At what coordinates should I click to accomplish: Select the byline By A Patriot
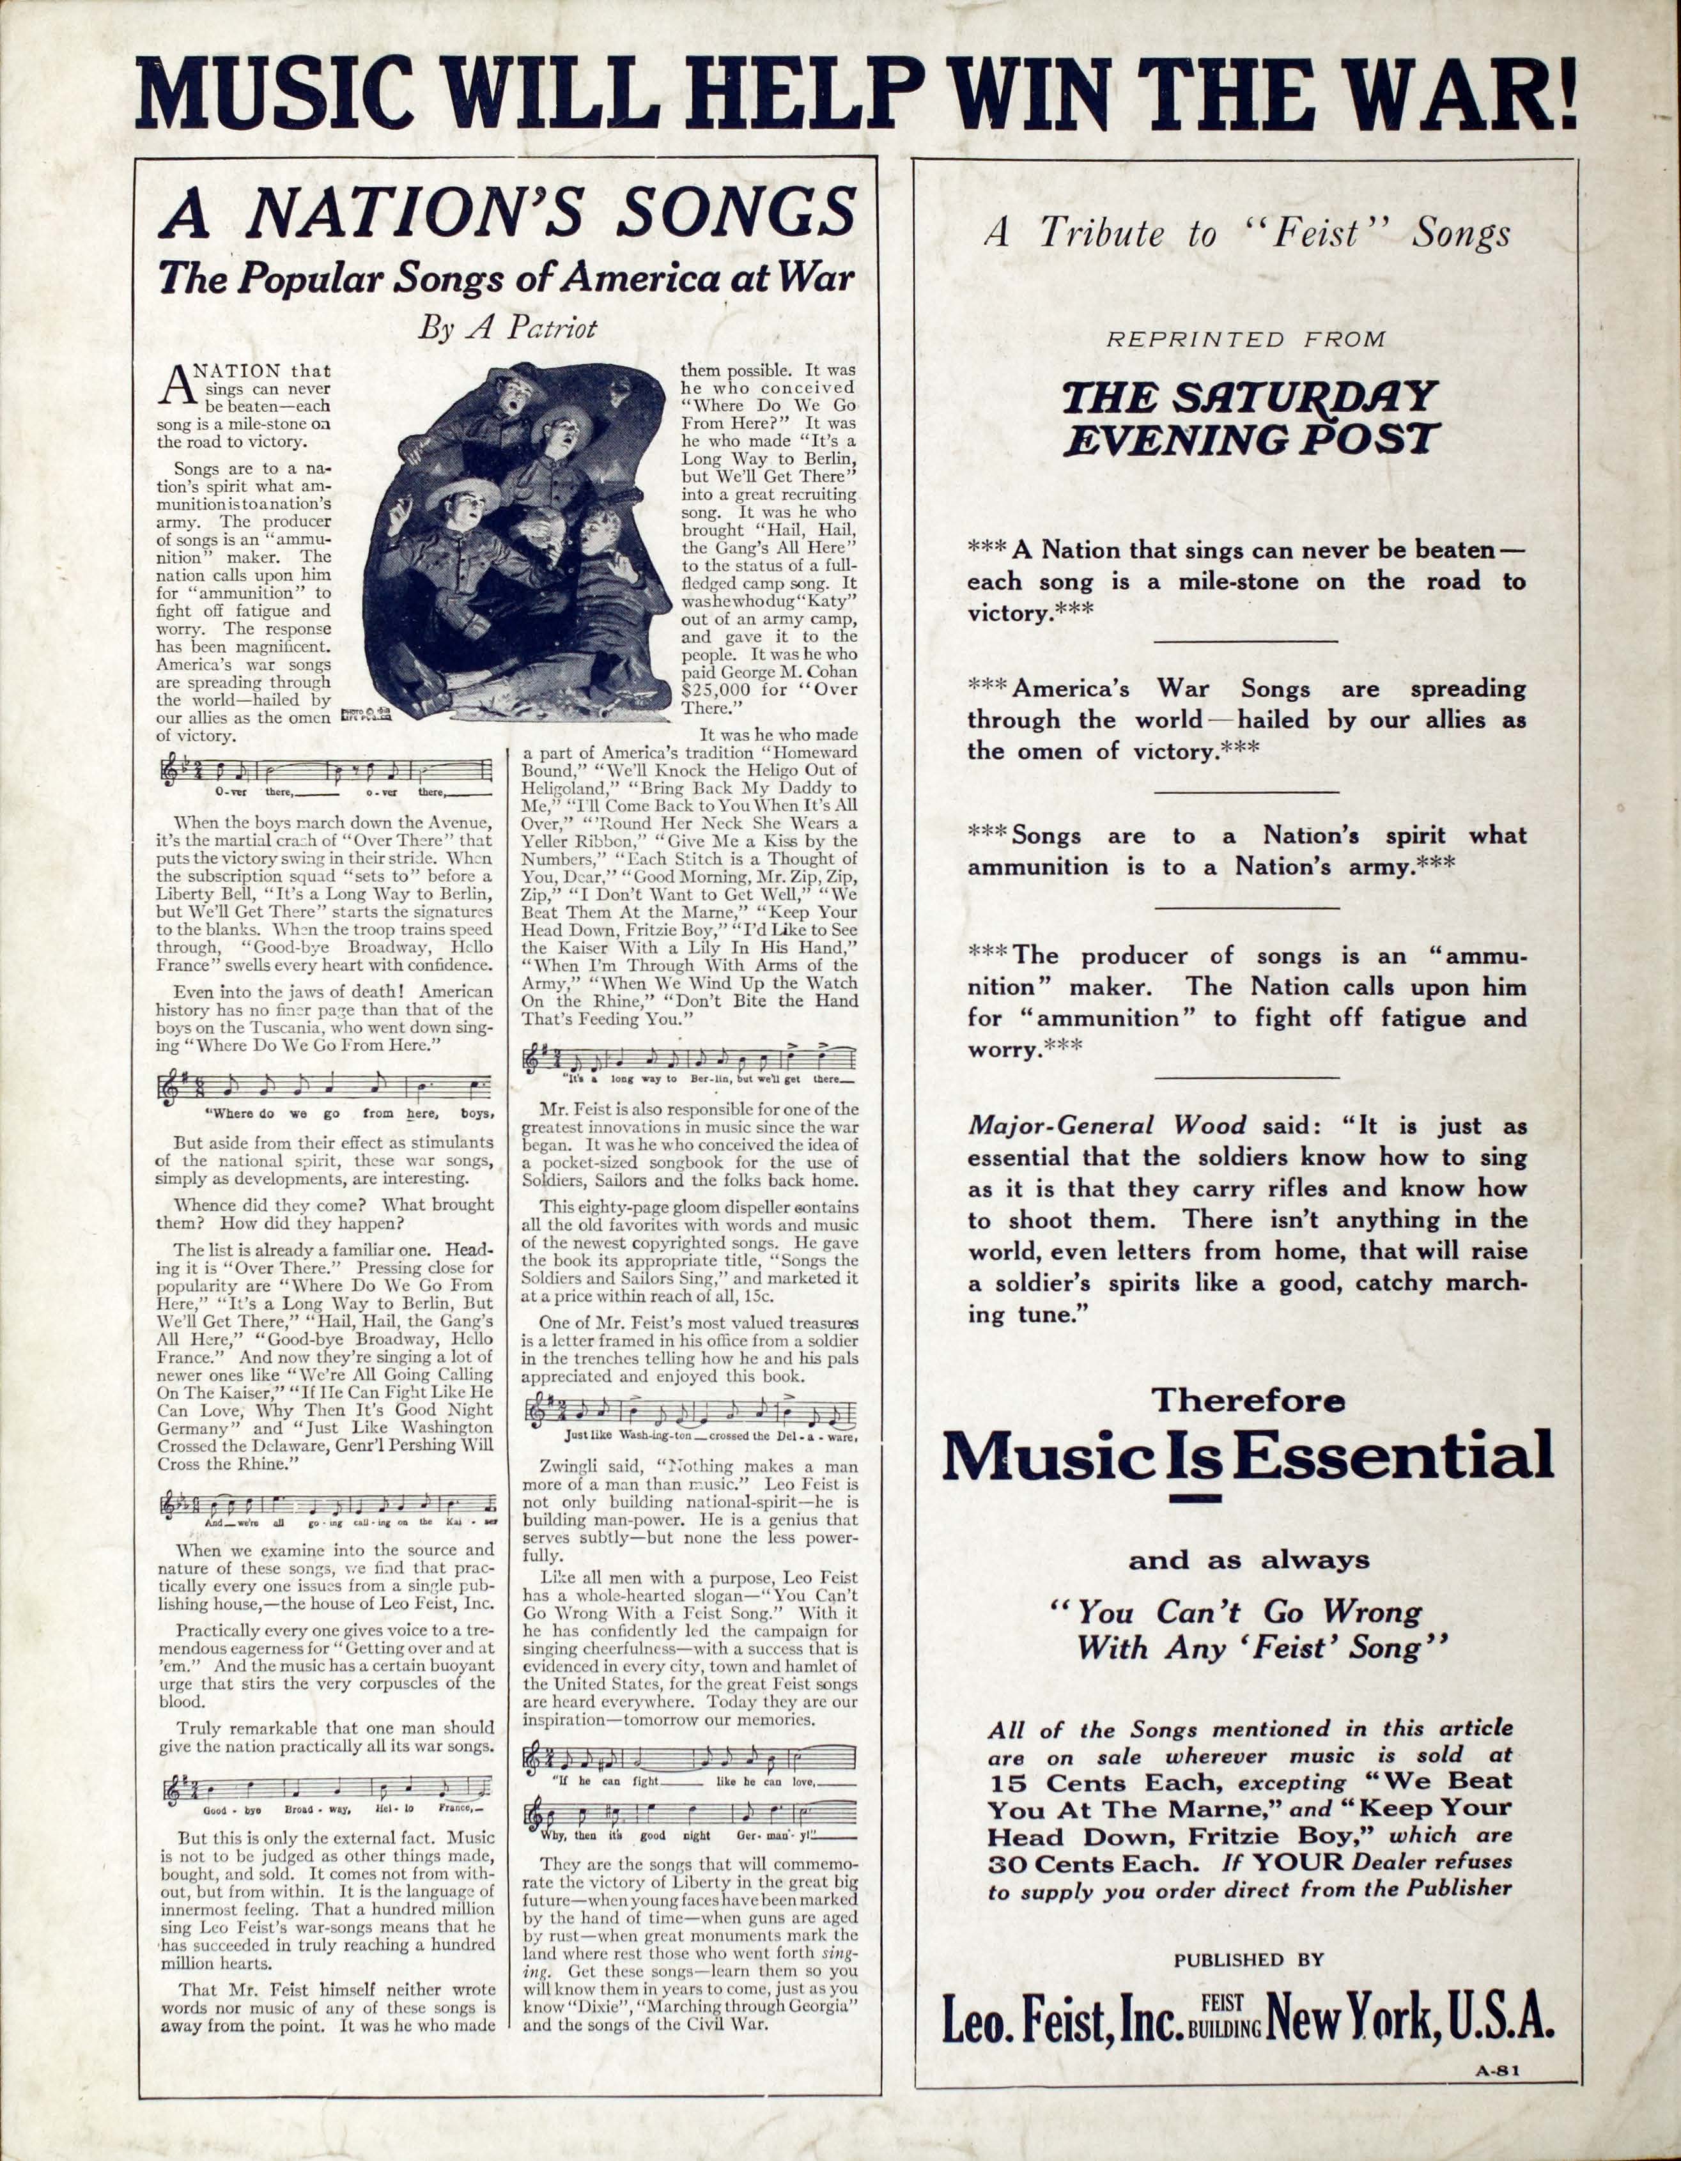point(507,327)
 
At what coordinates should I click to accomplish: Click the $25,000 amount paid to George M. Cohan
point(722,690)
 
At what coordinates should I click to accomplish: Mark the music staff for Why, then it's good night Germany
point(690,1818)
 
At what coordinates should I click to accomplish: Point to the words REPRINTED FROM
point(1246,339)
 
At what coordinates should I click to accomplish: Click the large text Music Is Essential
point(1246,1457)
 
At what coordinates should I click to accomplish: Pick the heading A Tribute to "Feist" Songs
point(1246,233)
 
